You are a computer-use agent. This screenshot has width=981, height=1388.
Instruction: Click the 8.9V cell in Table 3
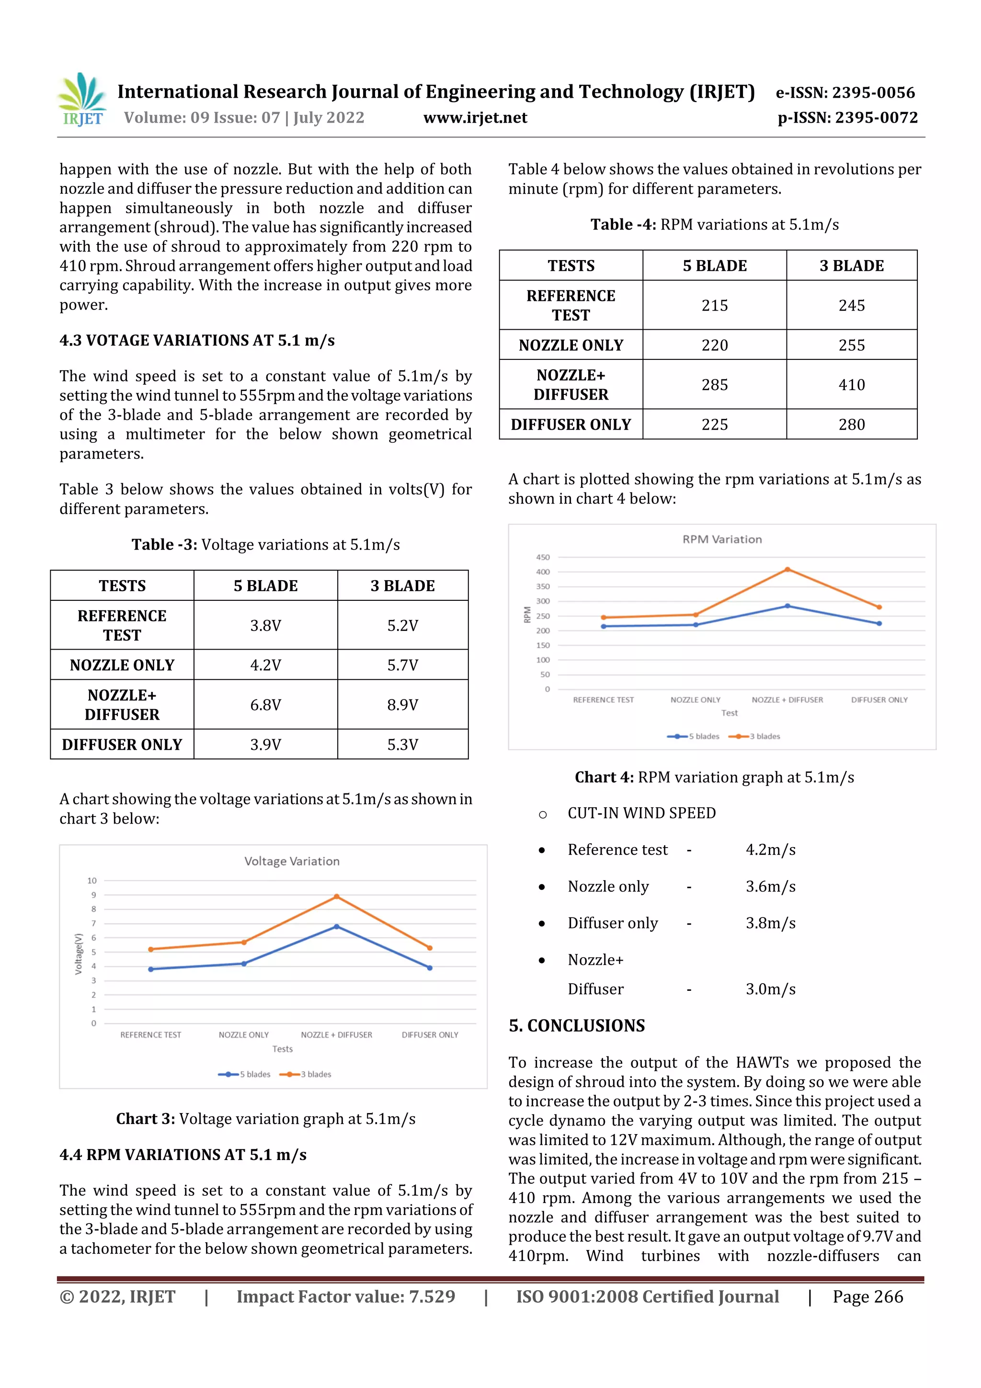coord(402,704)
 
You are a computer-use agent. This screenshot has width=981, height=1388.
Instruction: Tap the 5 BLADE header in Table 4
coord(715,265)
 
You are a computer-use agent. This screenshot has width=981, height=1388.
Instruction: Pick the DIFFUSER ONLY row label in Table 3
coord(122,744)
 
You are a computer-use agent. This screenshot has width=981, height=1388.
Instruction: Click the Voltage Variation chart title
coord(291,861)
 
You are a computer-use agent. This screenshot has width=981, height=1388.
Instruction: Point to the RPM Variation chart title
coord(722,539)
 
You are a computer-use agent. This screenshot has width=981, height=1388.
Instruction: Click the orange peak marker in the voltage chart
coord(337,896)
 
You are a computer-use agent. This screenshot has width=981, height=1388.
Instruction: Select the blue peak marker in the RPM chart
coord(787,606)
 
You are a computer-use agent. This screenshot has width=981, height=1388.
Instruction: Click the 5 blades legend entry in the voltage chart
coord(245,1074)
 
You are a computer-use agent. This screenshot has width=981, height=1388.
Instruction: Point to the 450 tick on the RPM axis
coord(543,557)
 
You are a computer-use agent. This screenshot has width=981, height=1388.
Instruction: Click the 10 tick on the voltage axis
coord(92,880)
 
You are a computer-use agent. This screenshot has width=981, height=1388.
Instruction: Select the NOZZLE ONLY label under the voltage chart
coord(244,1035)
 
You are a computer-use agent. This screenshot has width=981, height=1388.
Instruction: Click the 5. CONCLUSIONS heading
coord(577,1025)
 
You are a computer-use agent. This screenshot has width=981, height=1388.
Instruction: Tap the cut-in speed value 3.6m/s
coord(770,886)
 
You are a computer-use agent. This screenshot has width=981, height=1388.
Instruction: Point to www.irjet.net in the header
coord(475,117)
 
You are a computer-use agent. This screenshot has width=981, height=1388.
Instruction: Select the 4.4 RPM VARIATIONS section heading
coord(183,1155)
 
